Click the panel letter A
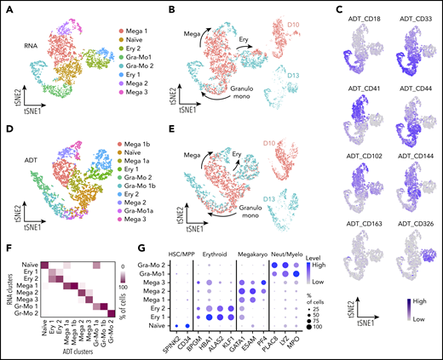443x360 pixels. click(x=7, y=8)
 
